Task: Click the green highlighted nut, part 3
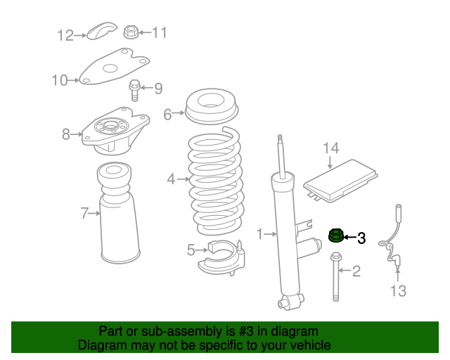point(336,234)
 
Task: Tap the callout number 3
point(361,238)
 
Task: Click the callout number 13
point(398,291)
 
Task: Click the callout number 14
point(330,148)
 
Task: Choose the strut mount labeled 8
point(114,134)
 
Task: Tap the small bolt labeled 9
point(134,89)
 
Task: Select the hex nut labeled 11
point(131,32)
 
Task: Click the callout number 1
point(259,233)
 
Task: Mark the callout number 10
point(60,80)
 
